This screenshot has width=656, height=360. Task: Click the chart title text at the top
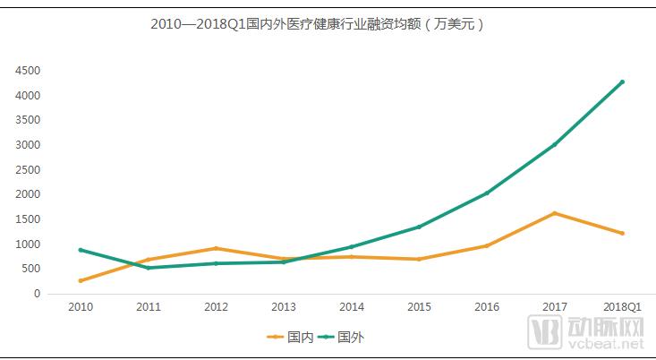click(x=318, y=24)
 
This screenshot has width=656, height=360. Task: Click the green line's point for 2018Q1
click(x=622, y=81)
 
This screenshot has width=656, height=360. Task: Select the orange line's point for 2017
click(x=554, y=213)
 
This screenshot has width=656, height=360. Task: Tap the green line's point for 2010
click(x=81, y=250)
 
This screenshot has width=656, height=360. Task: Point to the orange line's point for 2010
click(x=81, y=280)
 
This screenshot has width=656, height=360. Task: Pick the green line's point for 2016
click(x=487, y=193)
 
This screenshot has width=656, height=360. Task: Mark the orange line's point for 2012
click(x=216, y=248)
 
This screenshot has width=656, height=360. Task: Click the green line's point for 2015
click(x=419, y=227)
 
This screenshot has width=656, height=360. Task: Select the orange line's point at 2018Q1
click(x=622, y=233)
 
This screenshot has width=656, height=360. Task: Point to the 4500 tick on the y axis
click(x=28, y=71)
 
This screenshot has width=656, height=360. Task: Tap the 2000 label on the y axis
click(x=28, y=194)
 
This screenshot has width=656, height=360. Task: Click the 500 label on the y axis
click(x=30, y=269)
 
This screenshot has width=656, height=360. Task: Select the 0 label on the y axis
click(x=37, y=294)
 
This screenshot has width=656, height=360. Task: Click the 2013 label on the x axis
click(x=284, y=307)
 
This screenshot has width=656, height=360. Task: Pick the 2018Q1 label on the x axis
click(x=622, y=307)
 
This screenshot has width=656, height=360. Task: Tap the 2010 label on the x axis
click(x=81, y=307)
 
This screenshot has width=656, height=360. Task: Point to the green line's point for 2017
click(x=554, y=144)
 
